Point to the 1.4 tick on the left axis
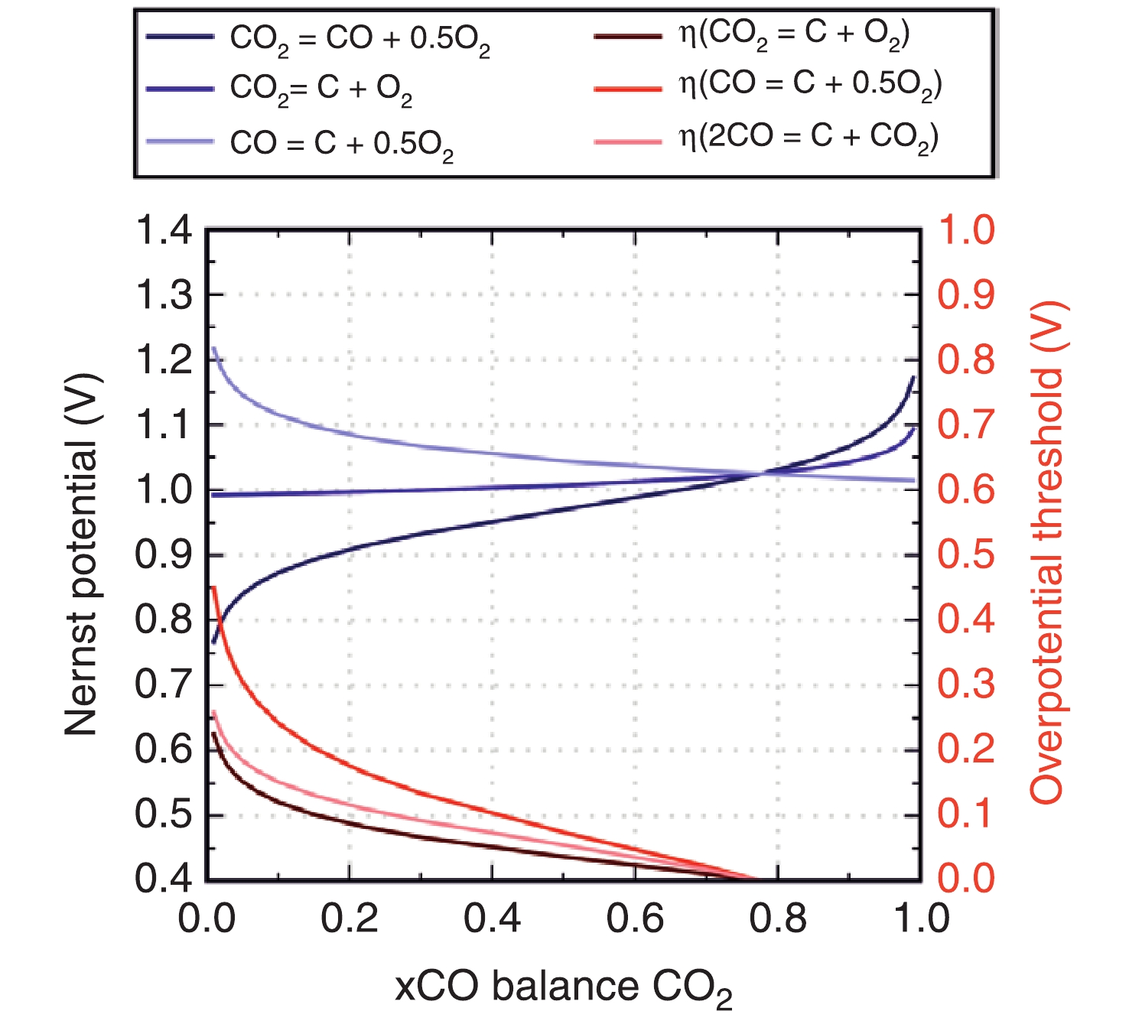(x=163, y=230)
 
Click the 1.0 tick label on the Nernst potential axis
(x=163, y=490)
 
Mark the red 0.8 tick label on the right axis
(x=966, y=360)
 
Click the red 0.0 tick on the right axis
(x=966, y=879)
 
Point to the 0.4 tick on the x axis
(x=493, y=918)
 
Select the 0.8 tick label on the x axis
(x=778, y=918)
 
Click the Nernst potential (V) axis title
(x=82, y=554)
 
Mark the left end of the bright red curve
(x=213, y=587)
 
